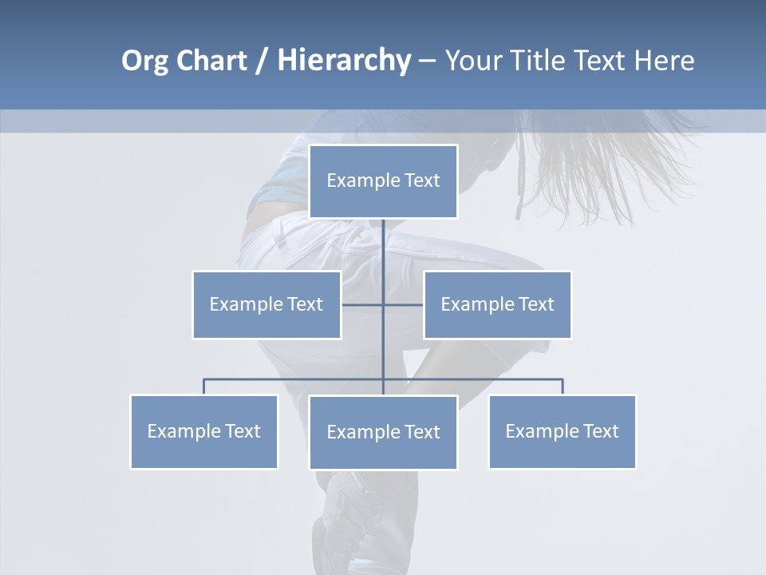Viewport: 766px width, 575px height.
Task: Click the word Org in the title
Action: (x=146, y=61)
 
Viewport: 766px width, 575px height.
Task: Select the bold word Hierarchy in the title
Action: (x=344, y=61)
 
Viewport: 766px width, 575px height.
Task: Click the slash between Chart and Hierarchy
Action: (x=262, y=61)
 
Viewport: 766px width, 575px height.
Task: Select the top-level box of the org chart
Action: (x=383, y=181)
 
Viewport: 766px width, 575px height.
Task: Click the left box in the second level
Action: (x=267, y=304)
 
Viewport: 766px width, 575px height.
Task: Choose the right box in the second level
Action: (x=497, y=304)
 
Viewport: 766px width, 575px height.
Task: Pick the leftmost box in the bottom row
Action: (x=203, y=432)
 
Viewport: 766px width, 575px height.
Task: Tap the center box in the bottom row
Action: (x=383, y=432)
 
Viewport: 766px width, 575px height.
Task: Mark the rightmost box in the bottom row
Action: (x=562, y=432)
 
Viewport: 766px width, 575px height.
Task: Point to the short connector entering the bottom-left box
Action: (x=203, y=387)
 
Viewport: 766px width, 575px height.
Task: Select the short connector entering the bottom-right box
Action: (x=563, y=387)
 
